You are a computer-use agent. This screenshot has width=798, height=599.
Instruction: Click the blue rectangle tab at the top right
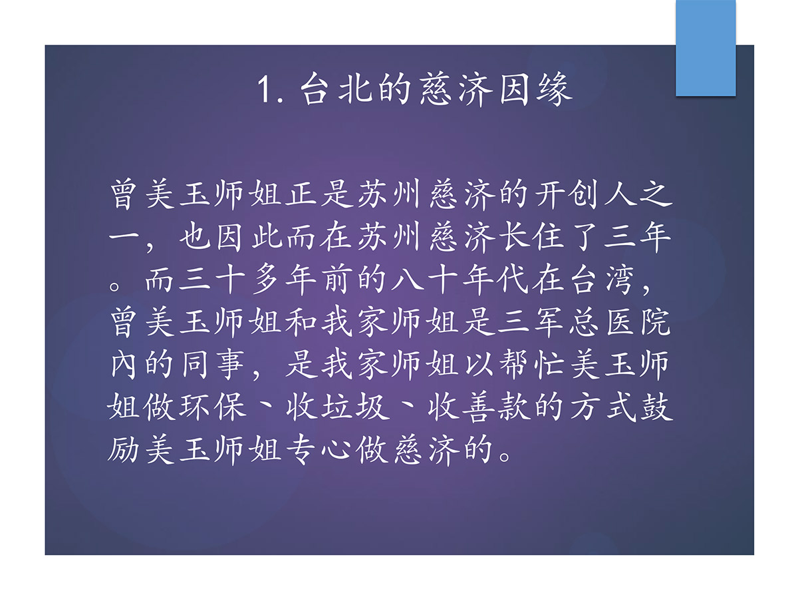(x=706, y=48)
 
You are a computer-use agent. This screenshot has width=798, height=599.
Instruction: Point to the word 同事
(x=213, y=365)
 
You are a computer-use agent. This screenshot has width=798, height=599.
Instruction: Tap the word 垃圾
(x=354, y=407)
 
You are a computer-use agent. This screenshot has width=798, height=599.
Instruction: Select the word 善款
(x=496, y=407)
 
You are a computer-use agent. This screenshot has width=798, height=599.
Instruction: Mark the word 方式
(x=602, y=407)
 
